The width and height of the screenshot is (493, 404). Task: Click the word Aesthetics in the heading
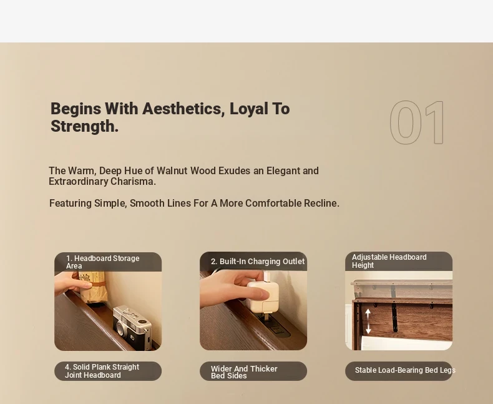pyautogui.click(x=183, y=109)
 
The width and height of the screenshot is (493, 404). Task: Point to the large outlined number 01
pyautogui.click(x=417, y=122)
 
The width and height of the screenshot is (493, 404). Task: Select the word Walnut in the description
pyautogui.click(x=172, y=171)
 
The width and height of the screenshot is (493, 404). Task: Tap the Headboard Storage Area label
pyautogui.click(x=103, y=262)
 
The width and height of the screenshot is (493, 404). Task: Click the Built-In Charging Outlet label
pyautogui.click(x=258, y=262)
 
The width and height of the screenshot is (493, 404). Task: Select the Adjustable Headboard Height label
pyautogui.click(x=389, y=261)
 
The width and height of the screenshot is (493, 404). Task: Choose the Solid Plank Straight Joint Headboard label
pyautogui.click(x=102, y=371)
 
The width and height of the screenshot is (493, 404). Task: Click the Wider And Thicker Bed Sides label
pyautogui.click(x=244, y=372)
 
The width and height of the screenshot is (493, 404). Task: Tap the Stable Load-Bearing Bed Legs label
pyautogui.click(x=405, y=370)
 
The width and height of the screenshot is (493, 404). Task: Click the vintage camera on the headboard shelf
pyautogui.click(x=132, y=327)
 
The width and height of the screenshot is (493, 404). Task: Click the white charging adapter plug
pyautogui.click(x=262, y=297)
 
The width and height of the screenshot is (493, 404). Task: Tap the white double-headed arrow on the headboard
pyautogui.click(x=368, y=321)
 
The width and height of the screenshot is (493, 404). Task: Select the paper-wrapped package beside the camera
pyautogui.click(x=93, y=287)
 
